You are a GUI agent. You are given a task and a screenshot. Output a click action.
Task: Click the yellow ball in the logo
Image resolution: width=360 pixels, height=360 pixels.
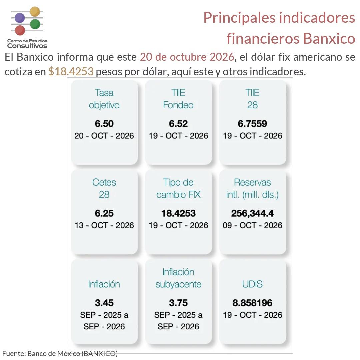pyautogui.click(x=35, y=11)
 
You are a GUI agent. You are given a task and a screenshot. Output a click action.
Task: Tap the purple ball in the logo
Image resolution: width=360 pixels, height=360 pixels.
pyautogui.click(x=20, y=18)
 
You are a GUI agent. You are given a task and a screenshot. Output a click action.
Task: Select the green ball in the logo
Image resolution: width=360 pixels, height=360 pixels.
pyautogui.click(x=35, y=24)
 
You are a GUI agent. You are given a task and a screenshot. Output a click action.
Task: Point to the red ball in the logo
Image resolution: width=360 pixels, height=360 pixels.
pyautogui.click(x=20, y=30)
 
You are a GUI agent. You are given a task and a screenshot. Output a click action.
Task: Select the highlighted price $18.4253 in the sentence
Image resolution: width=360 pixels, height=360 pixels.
pyautogui.click(x=71, y=71)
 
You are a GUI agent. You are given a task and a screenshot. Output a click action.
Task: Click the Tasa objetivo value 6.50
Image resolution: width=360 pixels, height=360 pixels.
pyautogui.click(x=104, y=124)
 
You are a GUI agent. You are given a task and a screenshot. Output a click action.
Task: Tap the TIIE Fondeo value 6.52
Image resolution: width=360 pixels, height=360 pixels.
pyautogui.click(x=178, y=124)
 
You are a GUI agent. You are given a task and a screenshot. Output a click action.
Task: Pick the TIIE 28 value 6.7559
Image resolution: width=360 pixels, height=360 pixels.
pyautogui.click(x=253, y=124)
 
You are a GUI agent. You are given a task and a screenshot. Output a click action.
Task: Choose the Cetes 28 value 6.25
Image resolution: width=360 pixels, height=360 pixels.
pyautogui.click(x=104, y=213)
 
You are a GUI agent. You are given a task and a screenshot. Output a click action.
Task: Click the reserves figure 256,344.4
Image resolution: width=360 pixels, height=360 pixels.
pyautogui.click(x=253, y=214)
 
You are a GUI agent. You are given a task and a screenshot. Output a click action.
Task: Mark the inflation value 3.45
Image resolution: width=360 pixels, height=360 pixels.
pyautogui.click(x=104, y=303)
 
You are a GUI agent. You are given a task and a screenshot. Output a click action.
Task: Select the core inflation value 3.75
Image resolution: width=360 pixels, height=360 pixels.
pyautogui.click(x=178, y=303)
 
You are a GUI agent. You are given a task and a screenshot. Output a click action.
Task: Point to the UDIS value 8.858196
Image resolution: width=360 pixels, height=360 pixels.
pyautogui.click(x=253, y=303)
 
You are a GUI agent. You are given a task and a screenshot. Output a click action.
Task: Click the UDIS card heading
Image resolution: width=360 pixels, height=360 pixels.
pyautogui.click(x=253, y=284)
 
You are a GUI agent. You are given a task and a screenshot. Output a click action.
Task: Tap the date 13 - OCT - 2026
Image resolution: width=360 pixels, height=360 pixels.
pyautogui.click(x=104, y=225)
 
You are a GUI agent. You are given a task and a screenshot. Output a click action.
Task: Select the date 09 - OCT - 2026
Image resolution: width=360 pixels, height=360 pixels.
pyautogui.click(x=253, y=225)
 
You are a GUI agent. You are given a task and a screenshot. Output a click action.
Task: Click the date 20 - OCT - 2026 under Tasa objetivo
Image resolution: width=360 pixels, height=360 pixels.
pyautogui.click(x=104, y=136)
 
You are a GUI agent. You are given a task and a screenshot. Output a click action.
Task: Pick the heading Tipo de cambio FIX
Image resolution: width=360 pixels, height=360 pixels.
pyautogui.click(x=178, y=188)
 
